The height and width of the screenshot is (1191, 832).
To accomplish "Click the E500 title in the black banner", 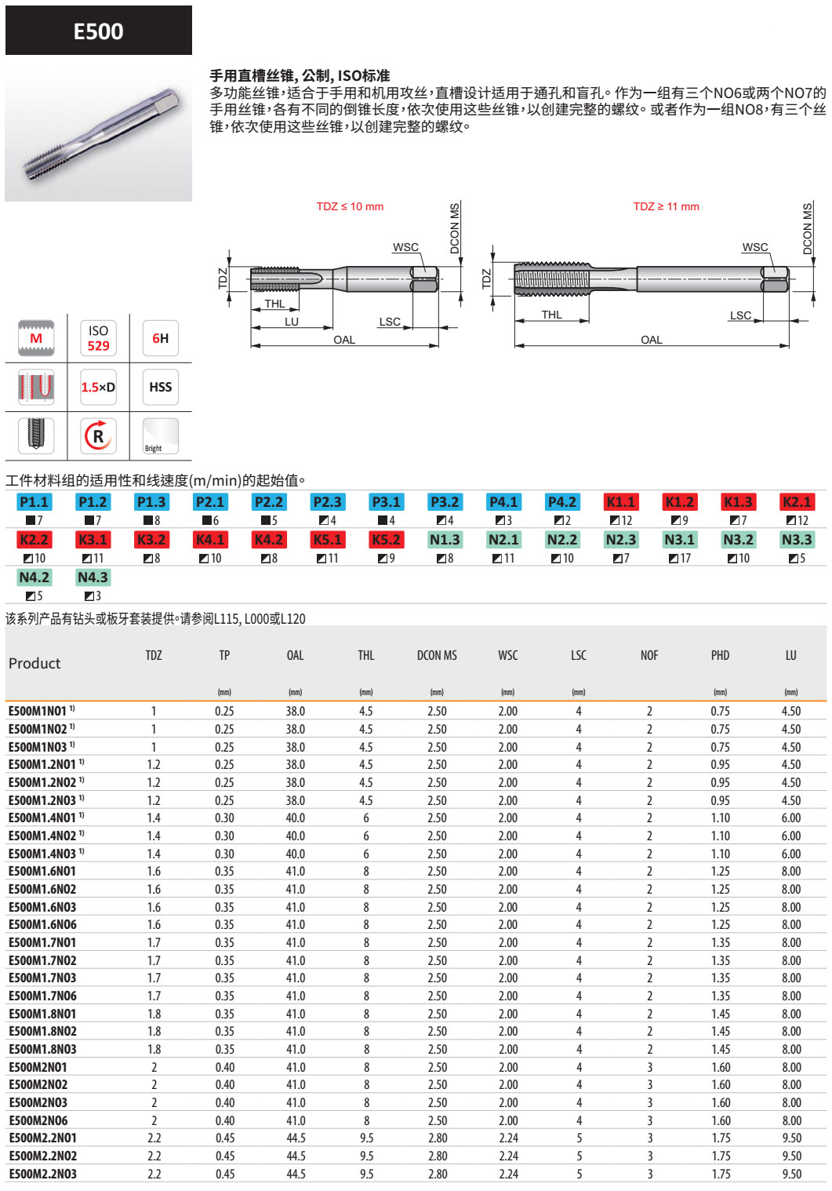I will [x=98, y=31].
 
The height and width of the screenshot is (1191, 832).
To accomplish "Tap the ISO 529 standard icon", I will [x=98, y=338].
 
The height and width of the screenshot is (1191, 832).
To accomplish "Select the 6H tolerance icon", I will [x=160, y=338].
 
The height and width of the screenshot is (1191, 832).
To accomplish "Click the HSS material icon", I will [x=160, y=387].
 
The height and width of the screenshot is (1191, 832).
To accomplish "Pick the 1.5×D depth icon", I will [x=98, y=387].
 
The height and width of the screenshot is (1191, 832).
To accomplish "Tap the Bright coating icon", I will [x=160, y=435].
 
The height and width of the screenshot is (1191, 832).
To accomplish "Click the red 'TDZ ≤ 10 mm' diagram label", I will [x=350, y=206].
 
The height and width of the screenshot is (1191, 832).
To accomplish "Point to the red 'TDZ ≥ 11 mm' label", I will [x=666, y=206].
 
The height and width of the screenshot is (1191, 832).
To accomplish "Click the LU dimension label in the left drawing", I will [x=292, y=322].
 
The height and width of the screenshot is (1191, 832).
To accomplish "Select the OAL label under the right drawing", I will [x=651, y=340].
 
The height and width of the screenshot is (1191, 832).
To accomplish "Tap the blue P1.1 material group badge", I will [x=34, y=502].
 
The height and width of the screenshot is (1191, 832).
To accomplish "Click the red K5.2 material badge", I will [x=386, y=540].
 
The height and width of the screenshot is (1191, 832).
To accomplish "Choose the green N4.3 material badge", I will [x=93, y=577].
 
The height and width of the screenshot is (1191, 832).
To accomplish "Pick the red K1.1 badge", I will [x=620, y=502].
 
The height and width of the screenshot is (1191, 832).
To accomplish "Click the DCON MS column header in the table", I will [x=437, y=655].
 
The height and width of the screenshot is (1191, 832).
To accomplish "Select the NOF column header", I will [x=649, y=655].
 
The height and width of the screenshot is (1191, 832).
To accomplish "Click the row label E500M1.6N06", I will [x=42, y=925].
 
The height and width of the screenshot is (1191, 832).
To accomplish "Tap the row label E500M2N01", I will [x=38, y=1067].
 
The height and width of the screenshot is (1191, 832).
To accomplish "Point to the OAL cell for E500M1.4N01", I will [x=296, y=818].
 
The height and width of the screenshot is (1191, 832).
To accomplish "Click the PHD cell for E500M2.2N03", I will [x=721, y=1174].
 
